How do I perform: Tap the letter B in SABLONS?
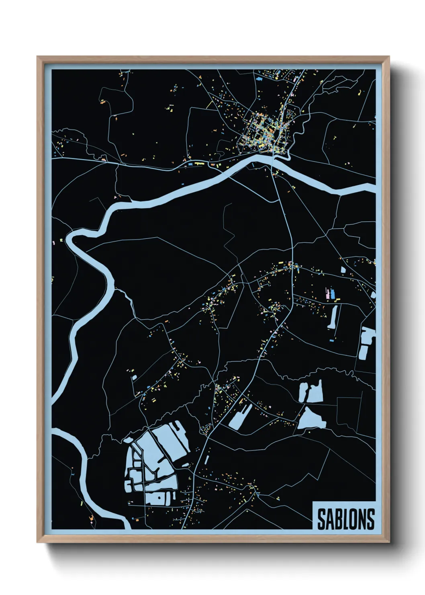pos(337,519)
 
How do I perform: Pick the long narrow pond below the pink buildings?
pos(333,318)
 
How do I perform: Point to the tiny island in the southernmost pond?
pos(159,497)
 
